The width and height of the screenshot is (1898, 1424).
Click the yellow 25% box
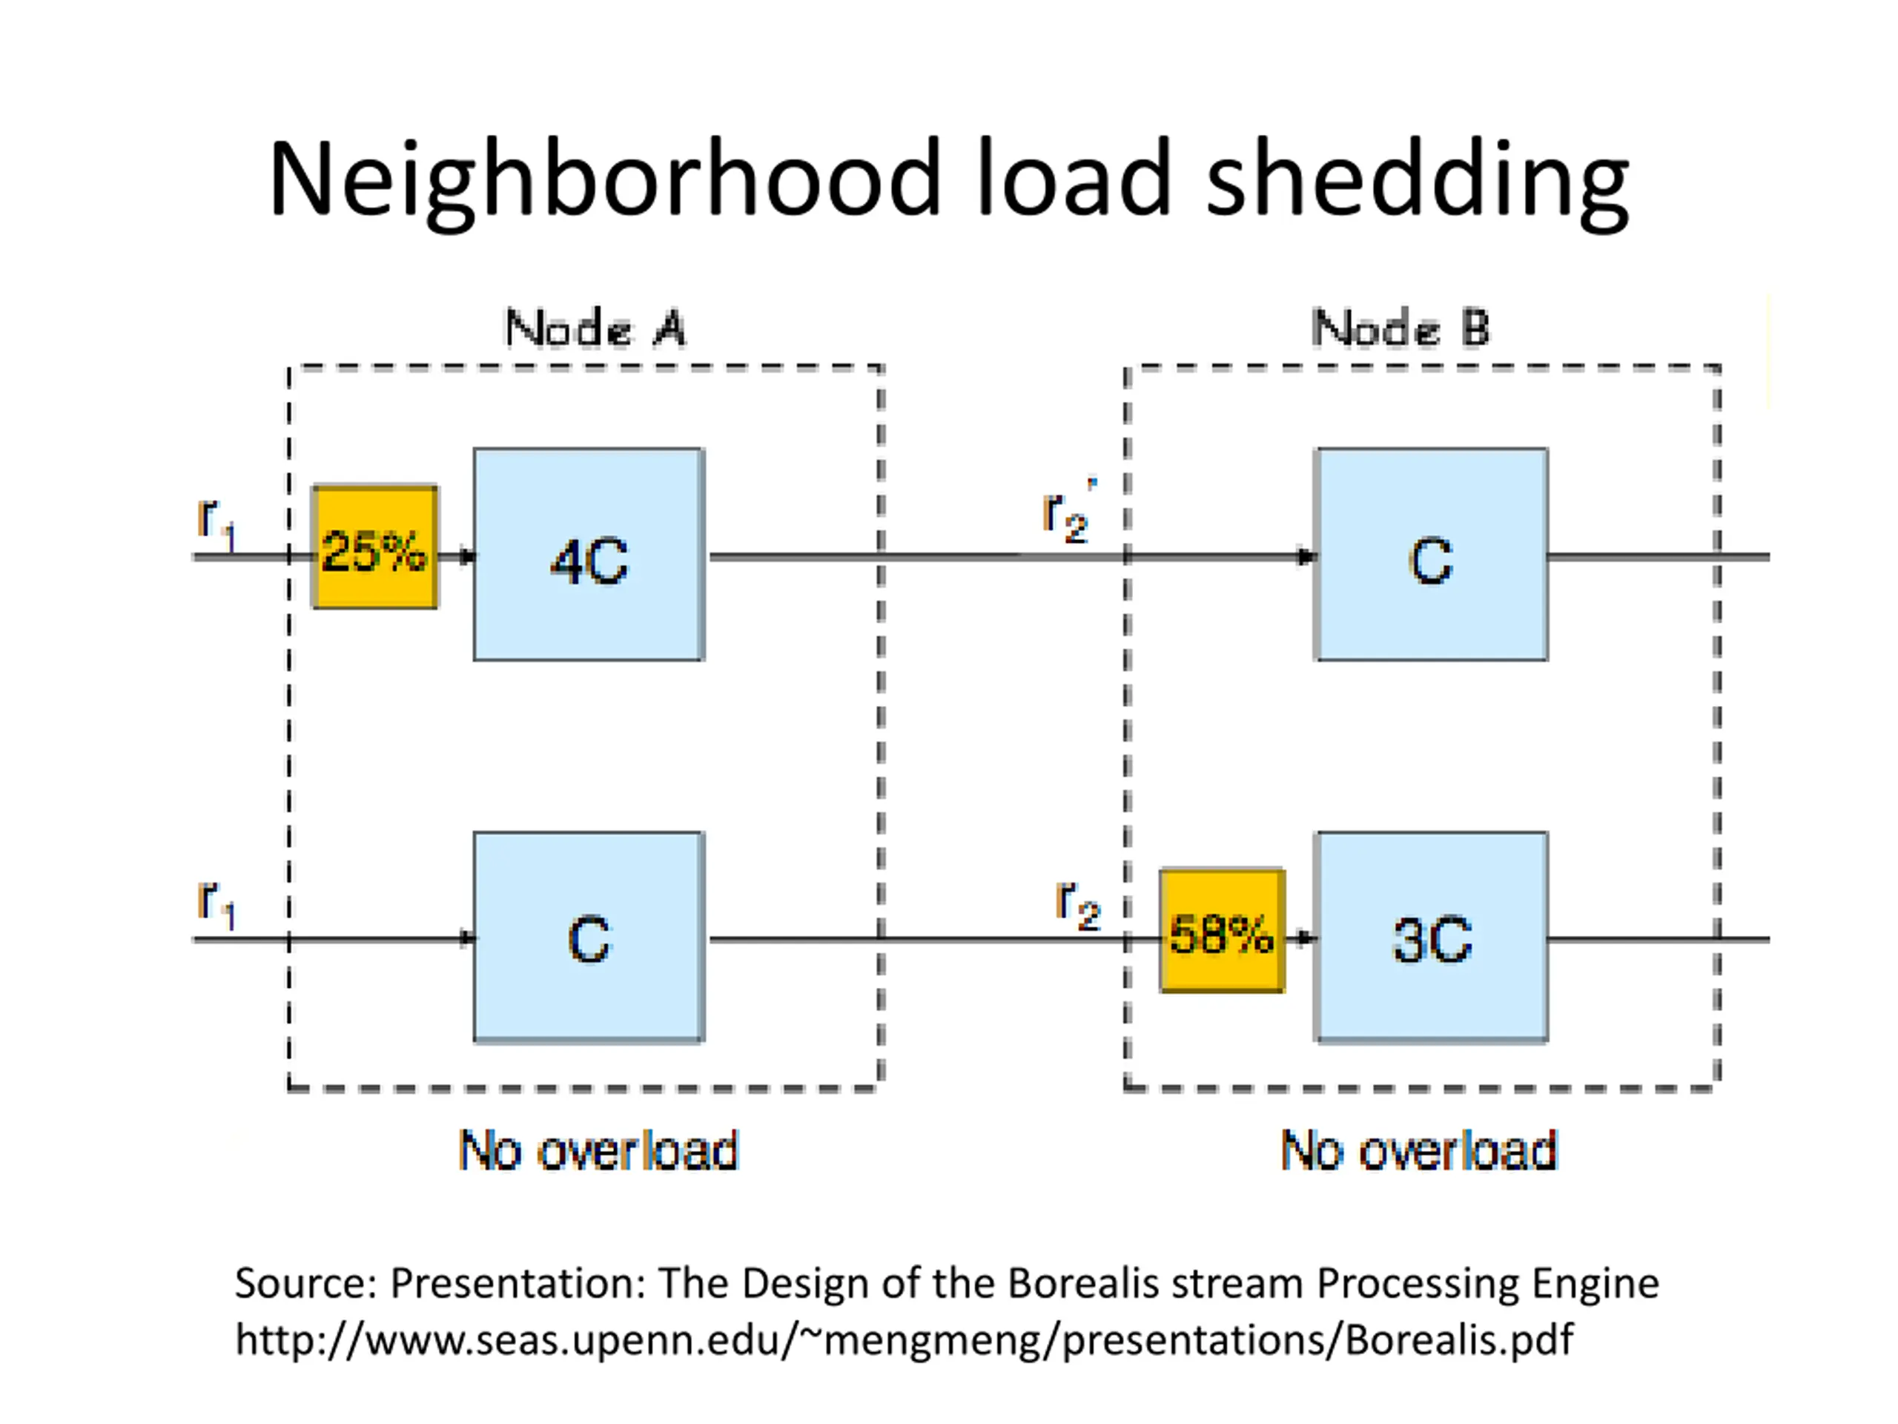pyautogui.click(x=375, y=547)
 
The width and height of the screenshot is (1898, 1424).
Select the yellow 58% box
pyautogui.click(x=1222, y=932)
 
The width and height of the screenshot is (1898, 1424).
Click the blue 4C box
pyautogui.click(x=589, y=555)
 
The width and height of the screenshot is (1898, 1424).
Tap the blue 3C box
pyautogui.click(x=1431, y=937)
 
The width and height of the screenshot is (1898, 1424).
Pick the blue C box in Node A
pyautogui.click(x=589, y=937)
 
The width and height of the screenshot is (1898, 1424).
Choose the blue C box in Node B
pyautogui.click(x=1431, y=555)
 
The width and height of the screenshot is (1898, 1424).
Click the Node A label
pyautogui.click(x=595, y=328)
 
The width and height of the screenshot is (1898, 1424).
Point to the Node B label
pyautogui.click(x=1401, y=328)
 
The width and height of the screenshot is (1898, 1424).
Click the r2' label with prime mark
pyautogui.click(x=1069, y=512)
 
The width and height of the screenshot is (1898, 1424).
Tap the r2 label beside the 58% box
pyautogui.click(x=1078, y=905)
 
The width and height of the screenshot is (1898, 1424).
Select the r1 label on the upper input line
pyautogui.click(x=216, y=524)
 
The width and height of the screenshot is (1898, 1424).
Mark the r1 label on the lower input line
pyautogui.click(x=216, y=904)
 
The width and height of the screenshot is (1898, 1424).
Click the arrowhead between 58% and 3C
pyautogui.click(x=1306, y=938)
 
